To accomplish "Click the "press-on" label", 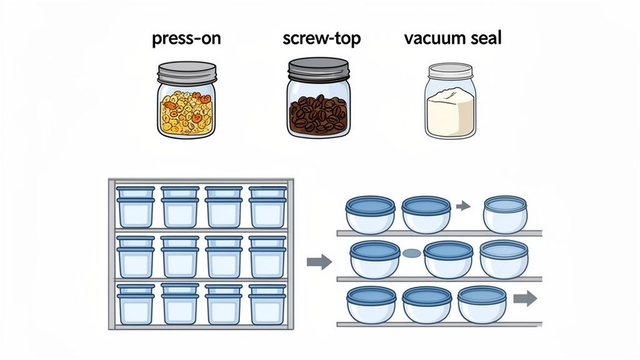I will (x=186, y=39).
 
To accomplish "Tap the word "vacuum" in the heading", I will (x=433, y=39).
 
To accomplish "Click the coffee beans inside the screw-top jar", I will (x=317, y=114).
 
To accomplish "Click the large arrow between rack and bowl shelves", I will (x=319, y=262).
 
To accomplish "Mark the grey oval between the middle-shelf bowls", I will (x=411, y=254).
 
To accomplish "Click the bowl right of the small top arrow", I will (x=505, y=214).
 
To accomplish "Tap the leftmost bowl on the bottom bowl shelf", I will (x=370, y=304).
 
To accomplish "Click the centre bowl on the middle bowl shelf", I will (x=447, y=259).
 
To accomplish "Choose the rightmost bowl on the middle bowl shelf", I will (x=504, y=258).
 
